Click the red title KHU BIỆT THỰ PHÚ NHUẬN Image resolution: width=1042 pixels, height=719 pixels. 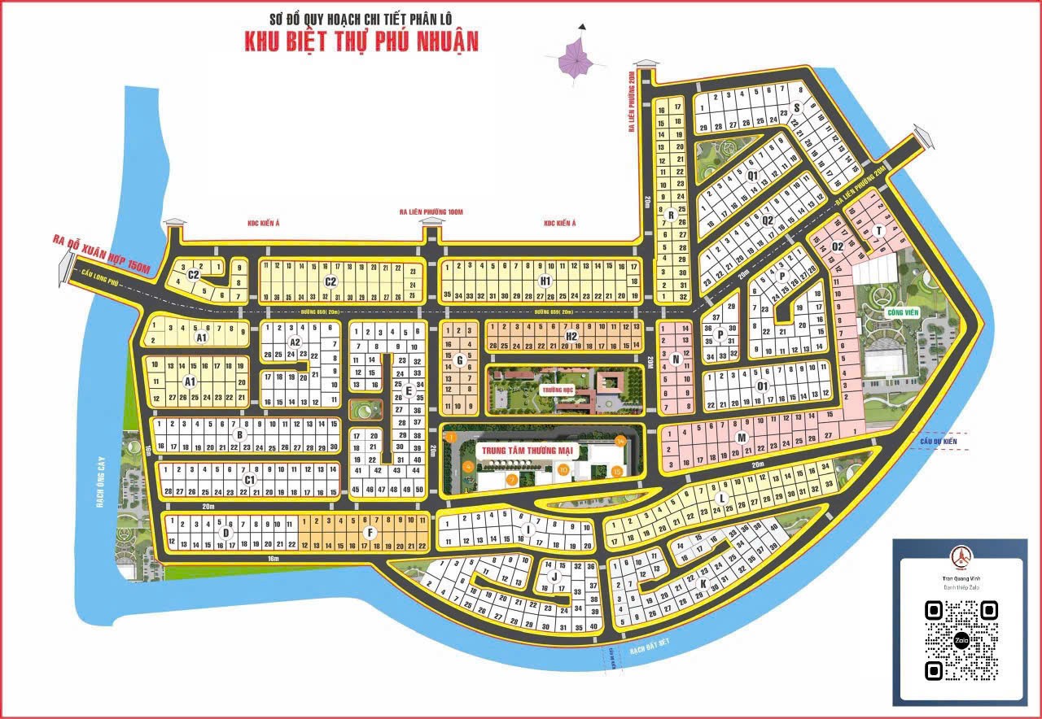[361, 41]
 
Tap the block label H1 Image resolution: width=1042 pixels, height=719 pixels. [545, 281]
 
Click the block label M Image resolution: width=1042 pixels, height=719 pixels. [742, 438]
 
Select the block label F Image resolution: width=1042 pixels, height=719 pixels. [370, 533]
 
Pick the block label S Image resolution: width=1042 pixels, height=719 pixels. [797, 107]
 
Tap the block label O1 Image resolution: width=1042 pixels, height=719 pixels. [763, 386]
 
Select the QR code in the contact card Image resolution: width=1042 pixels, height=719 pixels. [961, 640]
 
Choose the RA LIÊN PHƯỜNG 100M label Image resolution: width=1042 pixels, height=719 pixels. [431, 212]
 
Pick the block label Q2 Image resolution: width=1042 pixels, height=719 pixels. [768, 219]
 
